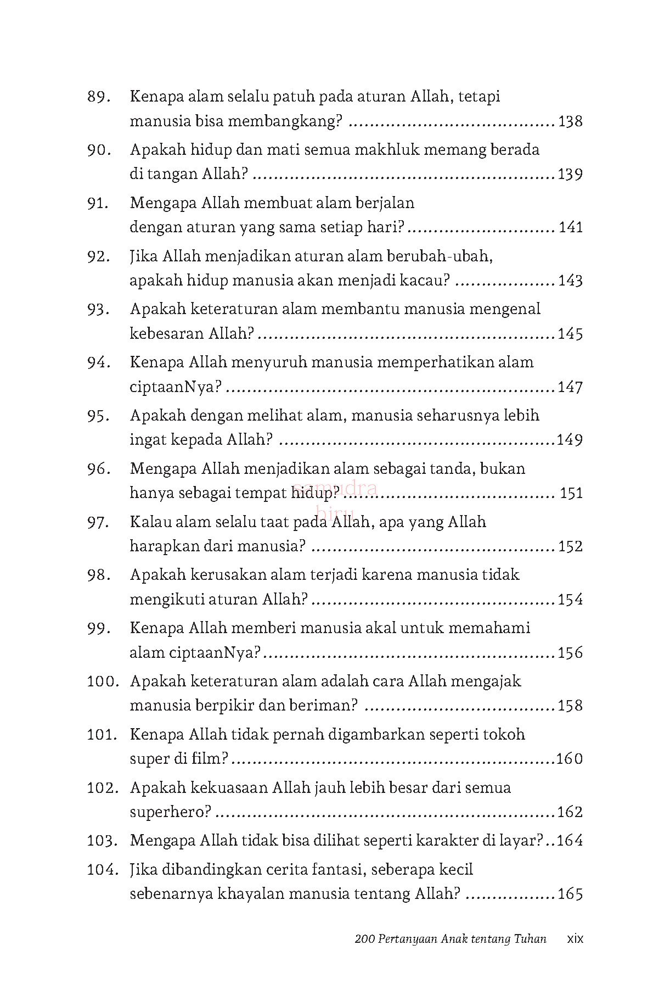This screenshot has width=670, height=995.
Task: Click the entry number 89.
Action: [99, 97]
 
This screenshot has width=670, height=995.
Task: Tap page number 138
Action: [570, 121]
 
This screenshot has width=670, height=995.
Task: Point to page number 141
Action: [570, 227]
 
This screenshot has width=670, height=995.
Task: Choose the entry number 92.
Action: [99, 257]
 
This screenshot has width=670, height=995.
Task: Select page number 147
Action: [570, 387]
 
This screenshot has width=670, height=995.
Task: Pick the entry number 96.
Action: [99, 469]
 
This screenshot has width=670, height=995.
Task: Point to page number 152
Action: [570, 546]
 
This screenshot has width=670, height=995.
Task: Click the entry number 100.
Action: [103, 681]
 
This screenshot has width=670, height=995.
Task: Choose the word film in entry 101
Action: [211, 759]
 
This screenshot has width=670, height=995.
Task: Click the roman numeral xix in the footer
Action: [575, 938]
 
